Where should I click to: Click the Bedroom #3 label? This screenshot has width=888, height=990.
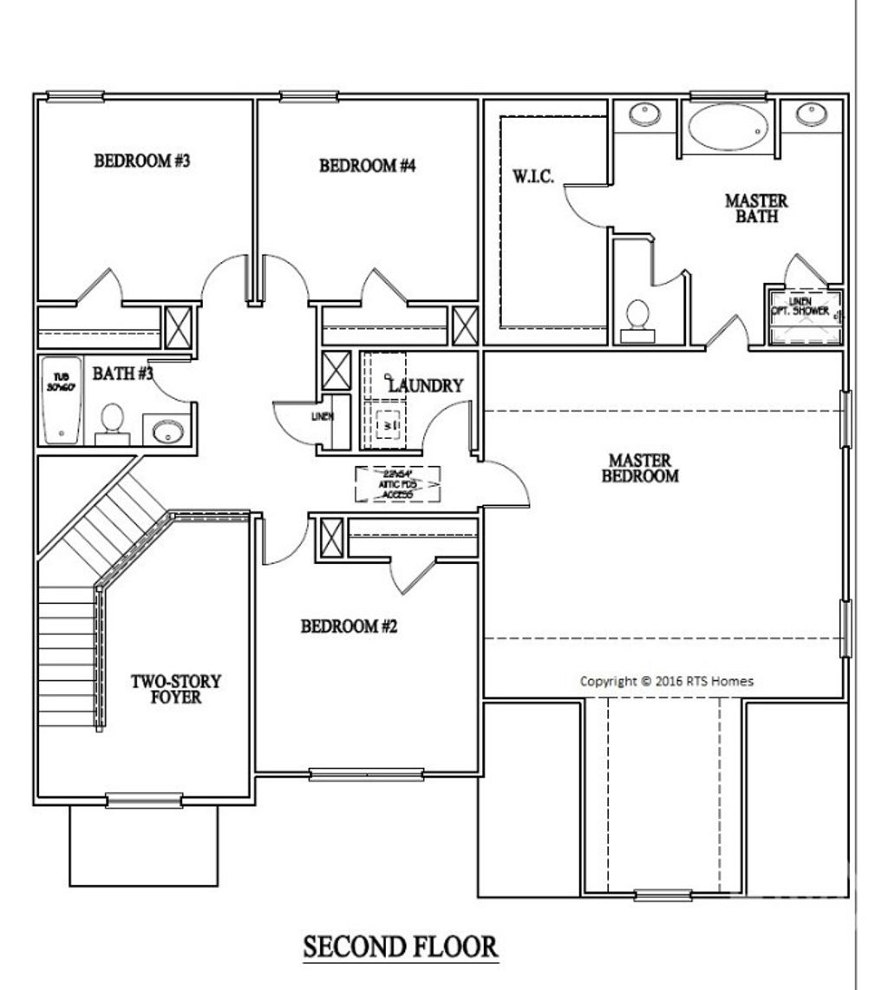141,161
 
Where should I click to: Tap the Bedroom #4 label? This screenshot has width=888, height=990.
368,166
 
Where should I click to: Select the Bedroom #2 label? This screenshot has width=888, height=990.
349,626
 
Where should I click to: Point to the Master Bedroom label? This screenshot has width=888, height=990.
643,468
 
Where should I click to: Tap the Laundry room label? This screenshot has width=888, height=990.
425,386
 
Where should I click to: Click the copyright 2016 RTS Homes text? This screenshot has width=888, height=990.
666,681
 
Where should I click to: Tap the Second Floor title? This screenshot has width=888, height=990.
400,947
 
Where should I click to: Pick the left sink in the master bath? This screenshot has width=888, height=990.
643,115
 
